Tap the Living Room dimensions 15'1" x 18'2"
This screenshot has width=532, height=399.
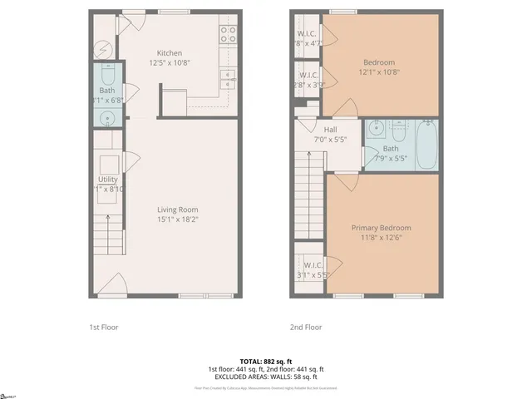click(x=178, y=219)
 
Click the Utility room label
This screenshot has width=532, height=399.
click(x=108, y=179)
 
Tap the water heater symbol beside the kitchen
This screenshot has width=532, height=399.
click(x=105, y=50)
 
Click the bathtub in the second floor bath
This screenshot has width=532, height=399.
click(x=426, y=145)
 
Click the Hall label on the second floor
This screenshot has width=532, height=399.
click(x=330, y=130)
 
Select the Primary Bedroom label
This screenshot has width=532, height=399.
click(x=381, y=228)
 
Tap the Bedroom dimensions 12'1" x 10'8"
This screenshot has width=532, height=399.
click(x=378, y=72)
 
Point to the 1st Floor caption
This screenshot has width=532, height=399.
click(x=104, y=327)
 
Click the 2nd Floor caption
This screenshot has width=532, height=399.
click(x=305, y=327)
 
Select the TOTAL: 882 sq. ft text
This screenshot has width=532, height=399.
click(x=265, y=361)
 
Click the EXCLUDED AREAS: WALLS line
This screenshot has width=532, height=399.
click(x=265, y=377)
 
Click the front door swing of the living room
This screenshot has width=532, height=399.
click(x=117, y=287)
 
